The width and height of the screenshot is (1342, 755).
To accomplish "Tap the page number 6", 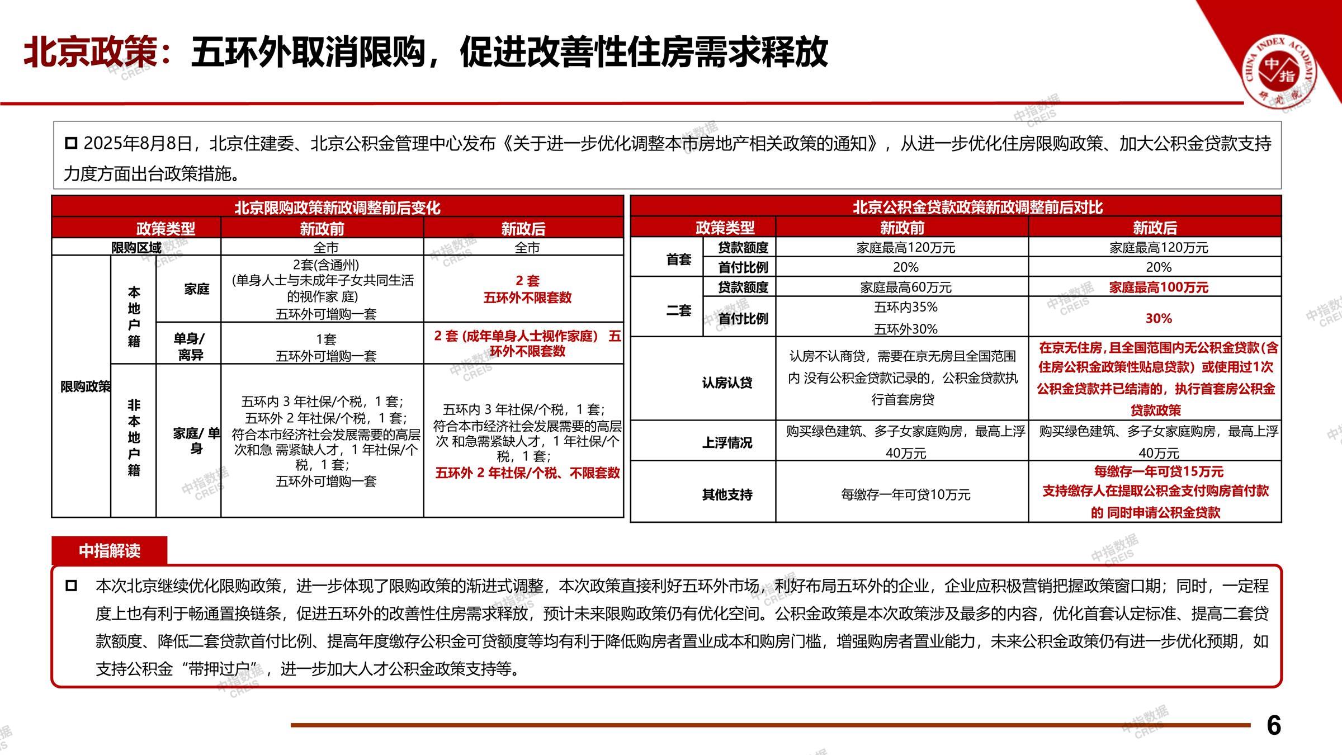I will click(1274, 725).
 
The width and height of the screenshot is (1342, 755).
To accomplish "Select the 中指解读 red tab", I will click(110, 551).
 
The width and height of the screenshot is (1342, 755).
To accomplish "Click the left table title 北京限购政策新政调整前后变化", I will click(337, 207).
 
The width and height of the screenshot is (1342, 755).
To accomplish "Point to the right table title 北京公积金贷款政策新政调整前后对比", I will click(977, 207).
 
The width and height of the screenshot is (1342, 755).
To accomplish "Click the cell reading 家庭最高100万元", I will click(1159, 287).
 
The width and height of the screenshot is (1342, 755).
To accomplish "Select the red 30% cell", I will click(1159, 318).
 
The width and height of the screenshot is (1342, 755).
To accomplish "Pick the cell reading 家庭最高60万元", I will click(905, 287).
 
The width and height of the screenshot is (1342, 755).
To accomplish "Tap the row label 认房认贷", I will click(727, 383).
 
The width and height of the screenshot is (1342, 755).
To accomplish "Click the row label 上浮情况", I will click(727, 443).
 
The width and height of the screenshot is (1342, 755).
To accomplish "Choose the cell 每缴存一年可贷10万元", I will click(905, 494).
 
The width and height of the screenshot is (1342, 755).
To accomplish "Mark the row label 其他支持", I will click(727, 494).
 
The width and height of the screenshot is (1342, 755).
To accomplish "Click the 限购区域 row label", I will click(136, 247).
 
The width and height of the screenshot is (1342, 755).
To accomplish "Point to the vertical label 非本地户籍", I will click(134, 437).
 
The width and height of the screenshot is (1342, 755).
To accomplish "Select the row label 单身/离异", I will click(190, 347).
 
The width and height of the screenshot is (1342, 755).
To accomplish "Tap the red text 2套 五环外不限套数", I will click(527, 289).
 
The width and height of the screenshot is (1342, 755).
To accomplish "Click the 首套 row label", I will click(678, 259).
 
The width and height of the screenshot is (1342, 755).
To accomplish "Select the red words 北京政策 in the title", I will click(91, 53).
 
